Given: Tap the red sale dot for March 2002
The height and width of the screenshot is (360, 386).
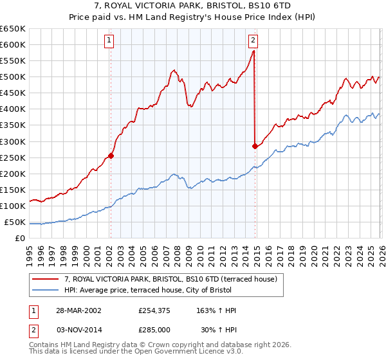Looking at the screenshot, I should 111,155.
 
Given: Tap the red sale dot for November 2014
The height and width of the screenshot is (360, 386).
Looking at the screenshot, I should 255,146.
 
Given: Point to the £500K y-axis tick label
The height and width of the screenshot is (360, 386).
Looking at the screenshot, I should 13,77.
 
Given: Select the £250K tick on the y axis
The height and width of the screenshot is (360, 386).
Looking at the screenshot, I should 13,158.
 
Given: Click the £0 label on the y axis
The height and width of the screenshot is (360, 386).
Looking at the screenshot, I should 21,239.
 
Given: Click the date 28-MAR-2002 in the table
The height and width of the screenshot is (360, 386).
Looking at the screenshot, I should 78,310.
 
